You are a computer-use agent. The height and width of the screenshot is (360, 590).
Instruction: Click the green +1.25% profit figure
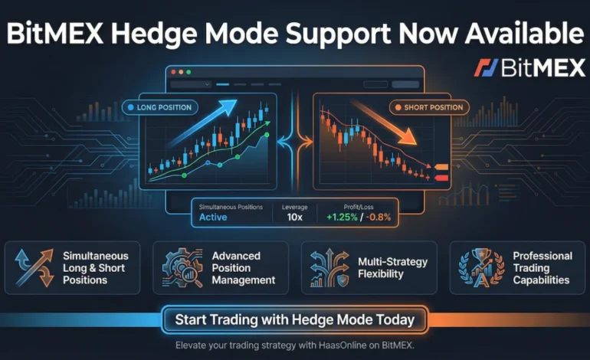tap(341, 217)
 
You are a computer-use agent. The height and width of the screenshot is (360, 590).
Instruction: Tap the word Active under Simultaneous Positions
tap(214, 217)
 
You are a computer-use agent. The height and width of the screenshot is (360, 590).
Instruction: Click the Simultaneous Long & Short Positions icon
tap(33, 267)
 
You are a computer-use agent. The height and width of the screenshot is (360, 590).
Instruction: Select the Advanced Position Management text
tap(243, 268)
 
